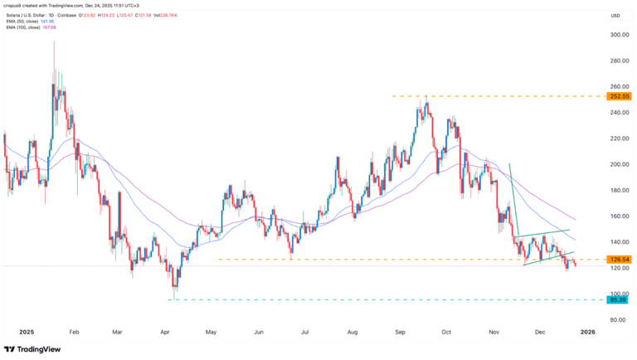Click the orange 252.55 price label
pyautogui.click(x=615, y=96)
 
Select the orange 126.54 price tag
pyautogui.click(x=615, y=260)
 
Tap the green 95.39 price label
pyautogui.click(x=615, y=299)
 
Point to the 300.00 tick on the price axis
pyautogui.click(x=615, y=36)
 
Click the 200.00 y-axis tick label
pyautogui.click(x=615, y=164)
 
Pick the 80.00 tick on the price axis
pyautogui.click(x=615, y=319)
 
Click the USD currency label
pyautogui.click(x=615, y=16)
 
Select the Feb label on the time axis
pyautogui.click(x=75, y=331)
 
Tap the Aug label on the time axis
pyautogui.click(x=353, y=331)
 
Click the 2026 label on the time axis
pyautogui.click(x=587, y=331)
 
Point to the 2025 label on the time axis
pyautogui.click(x=15, y=331)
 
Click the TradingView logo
pyautogui.click(x=33, y=349)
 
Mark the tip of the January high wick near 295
pyautogui.click(x=54, y=43)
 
